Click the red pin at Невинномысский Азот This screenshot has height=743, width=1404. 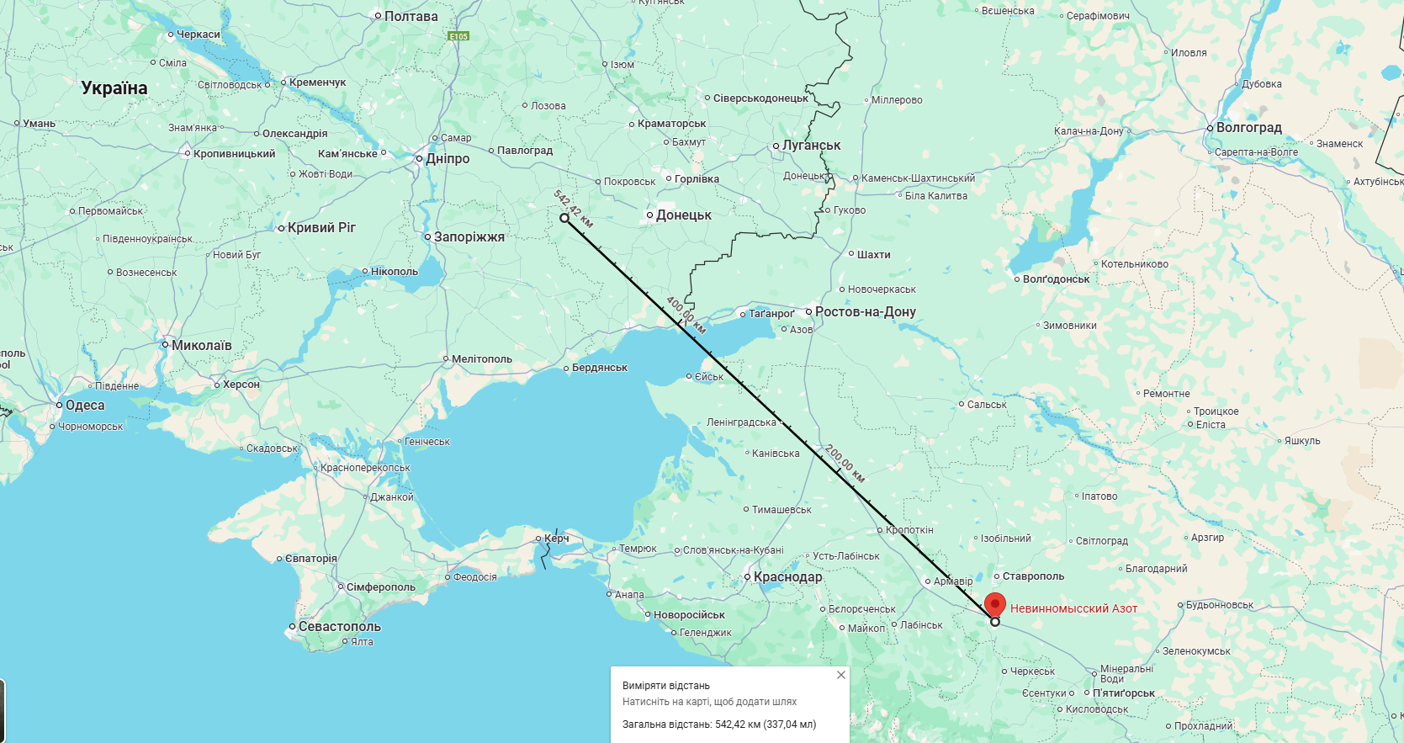(995, 604)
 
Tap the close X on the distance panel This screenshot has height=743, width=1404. (840, 675)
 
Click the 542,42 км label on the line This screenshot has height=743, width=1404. (574, 209)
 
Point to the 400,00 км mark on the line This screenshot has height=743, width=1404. (686, 315)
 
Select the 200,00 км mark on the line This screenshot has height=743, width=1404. (845, 463)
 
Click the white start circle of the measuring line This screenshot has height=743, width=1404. (564, 218)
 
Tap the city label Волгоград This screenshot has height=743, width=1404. (1248, 128)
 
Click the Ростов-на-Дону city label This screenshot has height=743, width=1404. (865, 311)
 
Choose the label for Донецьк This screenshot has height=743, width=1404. (683, 215)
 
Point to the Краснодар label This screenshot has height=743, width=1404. (787, 577)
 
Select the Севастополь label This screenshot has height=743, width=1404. (339, 627)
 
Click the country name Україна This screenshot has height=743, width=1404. (114, 88)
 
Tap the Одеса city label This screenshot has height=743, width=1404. (85, 406)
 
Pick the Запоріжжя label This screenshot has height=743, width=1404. (469, 237)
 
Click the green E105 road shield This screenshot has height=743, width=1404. (458, 36)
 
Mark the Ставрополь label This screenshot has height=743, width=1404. (1033, 576)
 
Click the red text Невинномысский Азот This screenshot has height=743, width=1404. (1073, 608)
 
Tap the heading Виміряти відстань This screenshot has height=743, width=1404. (665, 686)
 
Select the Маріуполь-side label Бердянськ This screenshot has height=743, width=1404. (599, 368)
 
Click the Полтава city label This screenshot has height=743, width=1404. (411, 17)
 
